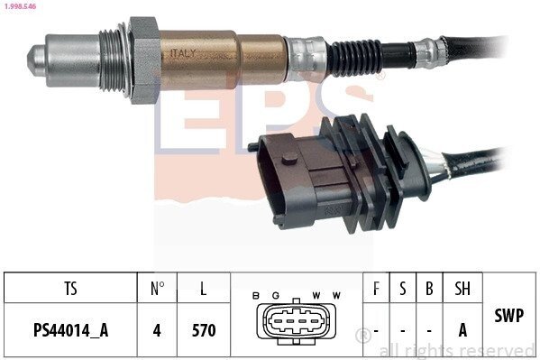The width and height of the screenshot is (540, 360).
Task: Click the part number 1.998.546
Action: tap(20, 6)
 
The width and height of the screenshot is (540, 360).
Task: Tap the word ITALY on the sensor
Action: tap(183, 53)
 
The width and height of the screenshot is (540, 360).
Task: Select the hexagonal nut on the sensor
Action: tap(144, 60)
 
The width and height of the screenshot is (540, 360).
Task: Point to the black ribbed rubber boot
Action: tap(354, 57)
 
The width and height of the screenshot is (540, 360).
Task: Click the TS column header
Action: tap(70, 289)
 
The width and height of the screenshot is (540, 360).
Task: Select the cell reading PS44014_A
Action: tap(70, 330)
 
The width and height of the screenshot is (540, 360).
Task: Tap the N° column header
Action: tap(157, 289)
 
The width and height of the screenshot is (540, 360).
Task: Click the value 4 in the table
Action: tap(157, 330)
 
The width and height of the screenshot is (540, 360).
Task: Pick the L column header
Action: tap(204, 289)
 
